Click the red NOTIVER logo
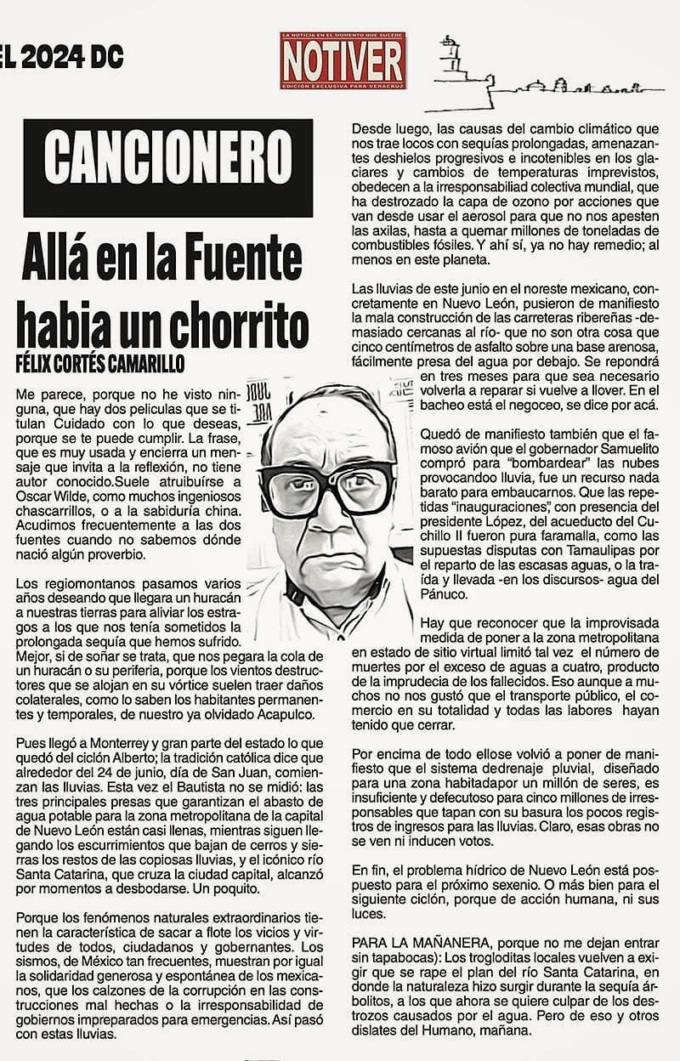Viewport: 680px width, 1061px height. point(343,61)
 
